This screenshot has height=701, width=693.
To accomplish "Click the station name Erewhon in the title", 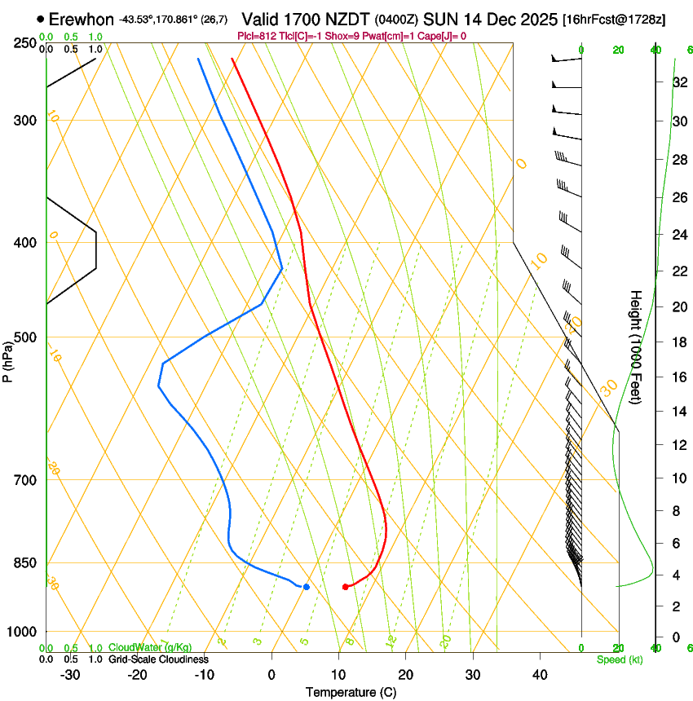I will (x=82, y=19).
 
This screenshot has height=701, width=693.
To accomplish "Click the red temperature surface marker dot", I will (x=346, y=587).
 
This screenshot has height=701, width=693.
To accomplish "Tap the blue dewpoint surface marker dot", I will (x=307, y=587).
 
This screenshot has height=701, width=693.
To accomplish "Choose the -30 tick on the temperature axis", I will (x=70, y=675).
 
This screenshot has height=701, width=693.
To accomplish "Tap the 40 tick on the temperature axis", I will (x=540, y=675).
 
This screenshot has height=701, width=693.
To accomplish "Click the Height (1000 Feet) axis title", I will (x=636, y=347).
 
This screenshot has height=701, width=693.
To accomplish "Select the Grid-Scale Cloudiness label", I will (x=158, y=659).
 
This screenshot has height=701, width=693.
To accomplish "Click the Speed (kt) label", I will (x=619, y=659).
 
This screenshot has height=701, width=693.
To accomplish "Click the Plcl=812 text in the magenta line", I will (x=255, y=36).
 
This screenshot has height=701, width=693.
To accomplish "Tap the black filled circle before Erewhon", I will (x=41, y=19).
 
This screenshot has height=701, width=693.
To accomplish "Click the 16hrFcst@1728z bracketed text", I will (x=614, y=19).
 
